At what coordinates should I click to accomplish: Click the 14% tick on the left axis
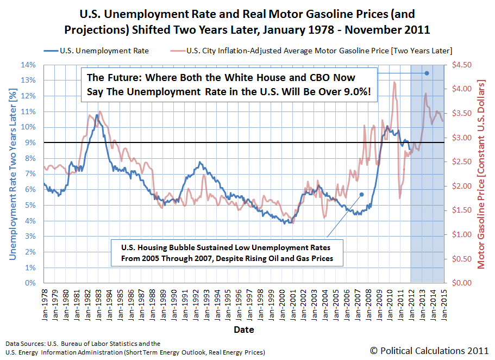(28, 65)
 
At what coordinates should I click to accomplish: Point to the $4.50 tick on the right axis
(461, 65)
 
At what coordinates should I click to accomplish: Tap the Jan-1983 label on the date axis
(98, 305)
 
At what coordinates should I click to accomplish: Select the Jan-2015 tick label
(444, 305)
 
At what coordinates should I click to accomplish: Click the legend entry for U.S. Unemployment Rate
(96, 51)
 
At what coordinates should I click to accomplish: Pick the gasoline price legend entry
(311, 51)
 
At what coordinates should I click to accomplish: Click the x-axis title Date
(244, 330)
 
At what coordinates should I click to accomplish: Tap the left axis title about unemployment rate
(12, 175)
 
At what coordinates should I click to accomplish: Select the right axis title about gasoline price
(481, 175)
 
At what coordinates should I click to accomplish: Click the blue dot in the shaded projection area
(427, 73)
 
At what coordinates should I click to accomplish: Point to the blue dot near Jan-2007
(362, 194)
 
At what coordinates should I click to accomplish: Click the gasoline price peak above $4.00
(394, 82)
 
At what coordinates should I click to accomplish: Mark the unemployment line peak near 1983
(97, 115)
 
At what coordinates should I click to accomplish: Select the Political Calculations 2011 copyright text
(429, 351)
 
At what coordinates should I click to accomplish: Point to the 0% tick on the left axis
(30, 283)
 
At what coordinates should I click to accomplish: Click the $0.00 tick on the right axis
(461, 283)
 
